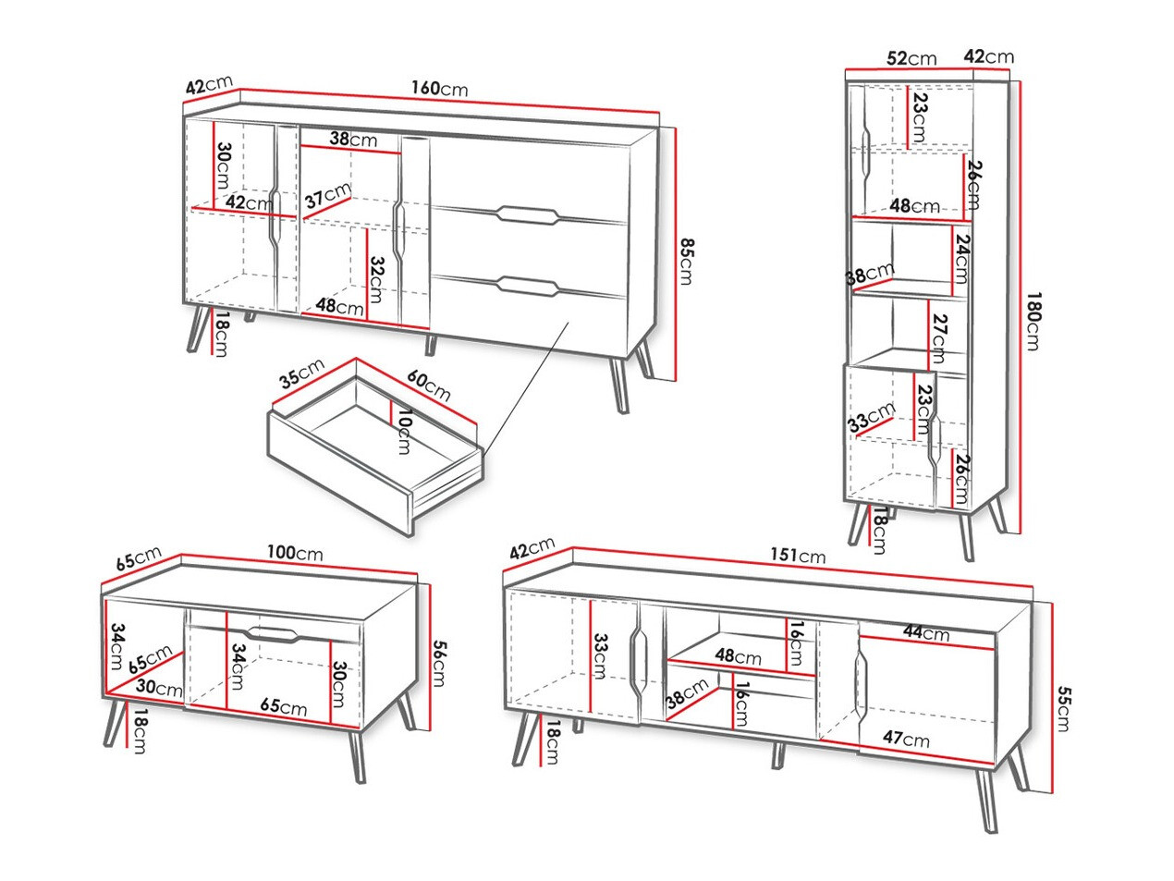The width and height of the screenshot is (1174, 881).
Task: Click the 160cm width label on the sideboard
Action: pos(439,90)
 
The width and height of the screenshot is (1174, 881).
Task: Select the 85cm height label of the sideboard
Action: pos(685,262)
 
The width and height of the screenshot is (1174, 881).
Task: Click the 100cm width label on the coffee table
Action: pos(295,554)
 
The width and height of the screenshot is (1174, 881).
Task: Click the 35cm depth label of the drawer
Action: pos(300,373)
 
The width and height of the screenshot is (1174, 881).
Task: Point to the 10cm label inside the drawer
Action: pos(401,433)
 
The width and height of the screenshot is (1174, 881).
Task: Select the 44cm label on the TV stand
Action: pos(926,633)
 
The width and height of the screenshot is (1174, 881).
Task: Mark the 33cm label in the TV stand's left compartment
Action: pos(598,656)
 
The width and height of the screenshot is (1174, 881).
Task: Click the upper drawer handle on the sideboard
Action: pos(524,215)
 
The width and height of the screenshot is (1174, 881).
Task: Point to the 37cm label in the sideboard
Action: pos(327,196)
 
